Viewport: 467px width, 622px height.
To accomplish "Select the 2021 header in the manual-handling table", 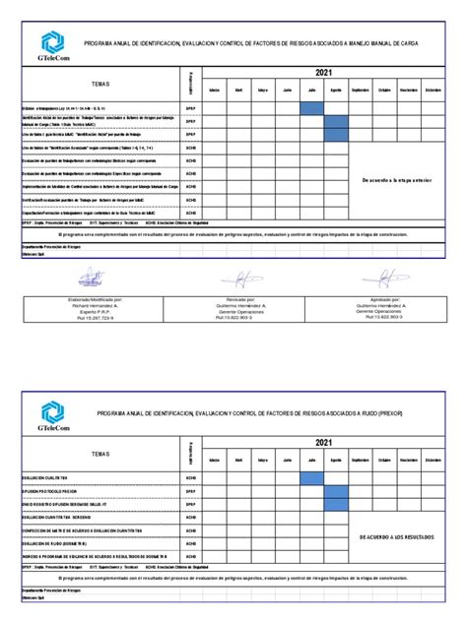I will point(324,74).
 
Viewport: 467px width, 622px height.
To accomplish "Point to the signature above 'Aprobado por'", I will point(377,279).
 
